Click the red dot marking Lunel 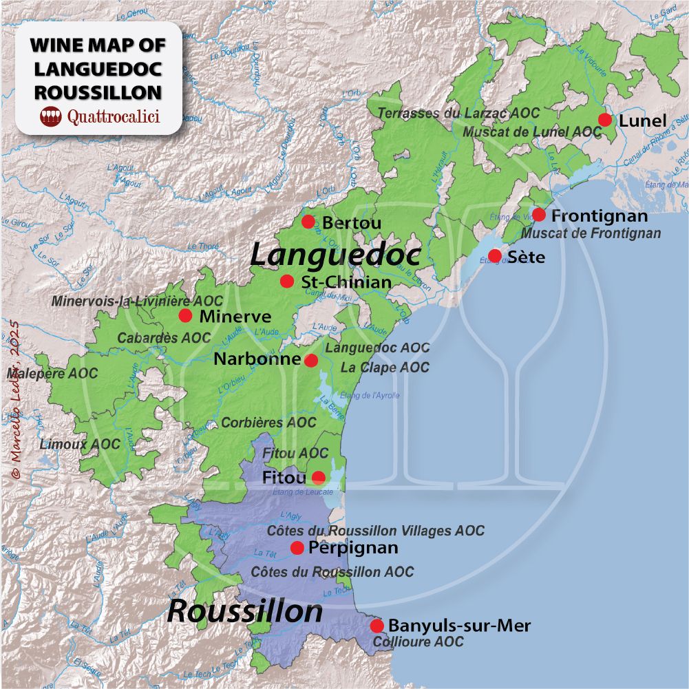(x=605, y=120)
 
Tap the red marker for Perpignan (x=297, y=548)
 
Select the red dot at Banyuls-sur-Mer (x=377, y=626)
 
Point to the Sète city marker (x=495, y=256)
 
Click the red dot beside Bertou (x=308, y=222)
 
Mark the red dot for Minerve (x=185, y=316)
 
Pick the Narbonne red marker (x=311, y=360)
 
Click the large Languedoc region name (x=335, y=255)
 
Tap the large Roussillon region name (x=245, y=611)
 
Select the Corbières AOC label (x=268, y=422)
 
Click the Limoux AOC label (x=80, y=444)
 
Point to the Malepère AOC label (x=52, y=374)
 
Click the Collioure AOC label (x=418, y=642)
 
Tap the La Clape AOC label (x=385, y=368)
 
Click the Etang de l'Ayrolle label (x=370, y=395)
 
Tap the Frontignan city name (x=600, y=216)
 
